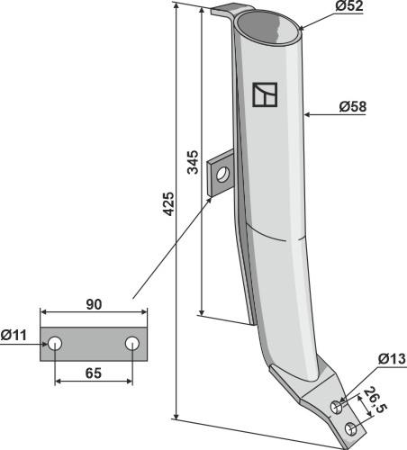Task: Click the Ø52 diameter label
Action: (x=349, y=6)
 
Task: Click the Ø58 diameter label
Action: (x=353, y=107)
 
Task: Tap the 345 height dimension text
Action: (x=193, y=162)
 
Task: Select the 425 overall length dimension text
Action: (x=168, y=204)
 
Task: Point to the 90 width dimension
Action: (x=94, y=304)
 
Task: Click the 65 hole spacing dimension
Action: (x=94, y=373)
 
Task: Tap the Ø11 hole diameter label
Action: (x=14, y=335)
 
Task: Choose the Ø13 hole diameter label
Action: (x=392, y=359)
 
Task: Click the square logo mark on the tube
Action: (x=265, y=94)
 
